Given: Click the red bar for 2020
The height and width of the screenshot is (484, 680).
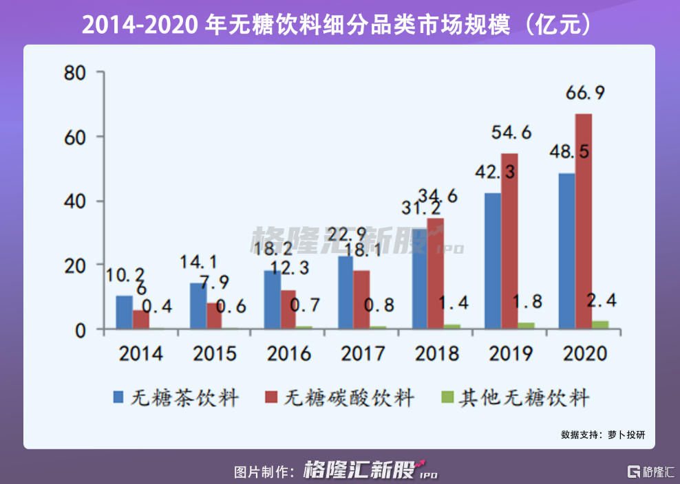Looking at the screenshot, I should [x=583, y=221].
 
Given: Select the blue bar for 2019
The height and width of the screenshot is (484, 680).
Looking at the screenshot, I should [x=493, y=261].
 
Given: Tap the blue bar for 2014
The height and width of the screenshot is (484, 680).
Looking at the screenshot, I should [x=124, y=313].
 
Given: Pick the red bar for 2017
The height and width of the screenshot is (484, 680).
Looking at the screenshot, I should [x=361, y=300].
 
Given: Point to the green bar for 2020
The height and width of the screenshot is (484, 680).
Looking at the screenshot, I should [x=600, y=324].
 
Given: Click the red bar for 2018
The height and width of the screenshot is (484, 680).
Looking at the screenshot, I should [x=435, y=274].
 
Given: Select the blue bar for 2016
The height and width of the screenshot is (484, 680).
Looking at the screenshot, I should [x=272, y=300].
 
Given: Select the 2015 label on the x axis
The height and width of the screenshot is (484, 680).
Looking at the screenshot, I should [x=215, y=353].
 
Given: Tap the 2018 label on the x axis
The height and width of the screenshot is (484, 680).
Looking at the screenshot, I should [x=437, y=353].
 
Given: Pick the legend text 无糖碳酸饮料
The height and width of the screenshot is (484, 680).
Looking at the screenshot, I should [x=348, y=397].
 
